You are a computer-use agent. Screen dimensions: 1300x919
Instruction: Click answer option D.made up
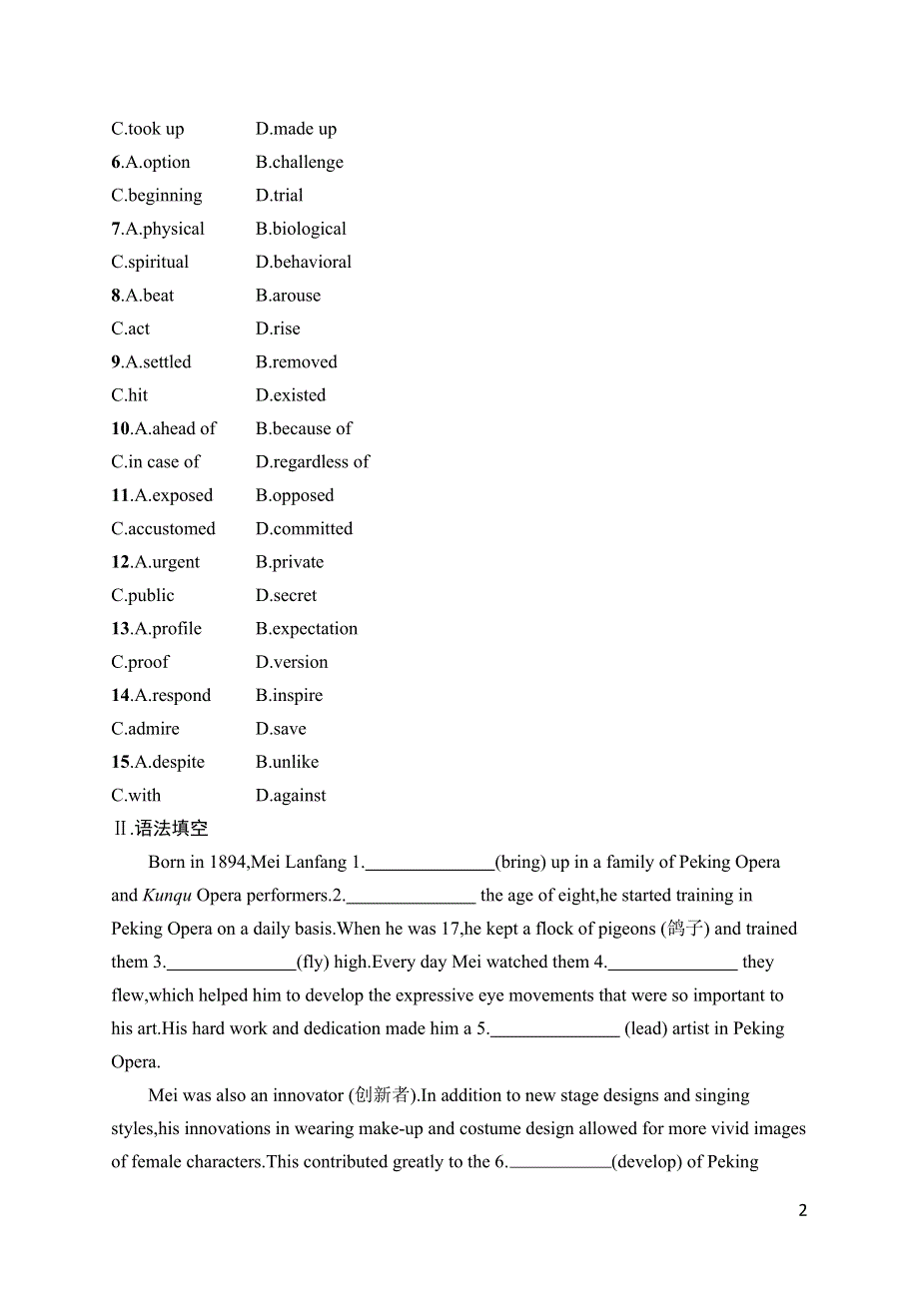(296, 129)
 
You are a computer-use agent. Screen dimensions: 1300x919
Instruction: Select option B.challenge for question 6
(299, 162)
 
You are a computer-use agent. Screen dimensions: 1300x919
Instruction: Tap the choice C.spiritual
(150, 262)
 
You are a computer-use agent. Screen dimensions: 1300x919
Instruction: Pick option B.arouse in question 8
(288, 296)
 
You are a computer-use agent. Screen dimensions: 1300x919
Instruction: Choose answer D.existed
(291, 395)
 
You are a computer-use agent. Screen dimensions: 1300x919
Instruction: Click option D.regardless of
(313, 461)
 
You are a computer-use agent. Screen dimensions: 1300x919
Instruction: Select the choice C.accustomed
(163, 528)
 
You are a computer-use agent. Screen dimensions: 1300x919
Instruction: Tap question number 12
(120, 562)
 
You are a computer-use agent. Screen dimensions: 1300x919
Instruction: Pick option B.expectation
(306, 628)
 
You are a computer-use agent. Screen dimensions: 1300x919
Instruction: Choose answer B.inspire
(289, 695)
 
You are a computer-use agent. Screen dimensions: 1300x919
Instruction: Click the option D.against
(291, 796)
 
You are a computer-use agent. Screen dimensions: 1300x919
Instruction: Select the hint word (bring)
(520, 862)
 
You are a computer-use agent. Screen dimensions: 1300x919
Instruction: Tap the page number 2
(802, 1210)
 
